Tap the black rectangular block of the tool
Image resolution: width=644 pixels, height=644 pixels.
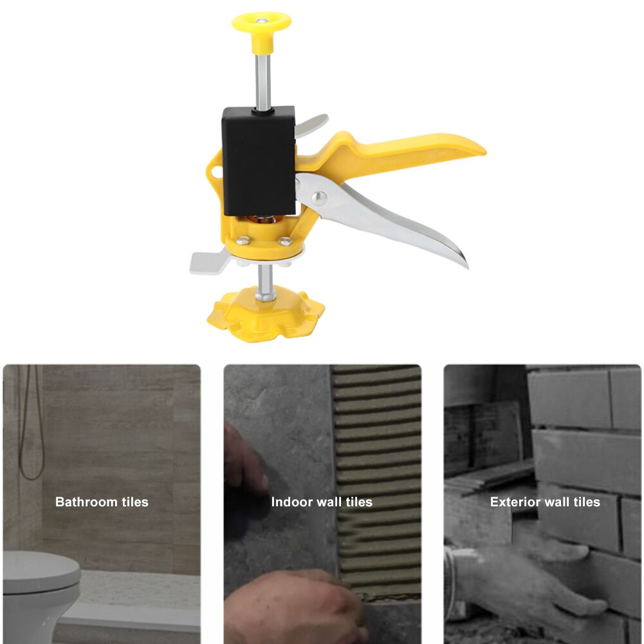pos(259,161)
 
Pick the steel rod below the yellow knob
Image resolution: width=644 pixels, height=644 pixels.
pos(262,80)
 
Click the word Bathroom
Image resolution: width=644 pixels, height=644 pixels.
pos(85,502)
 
